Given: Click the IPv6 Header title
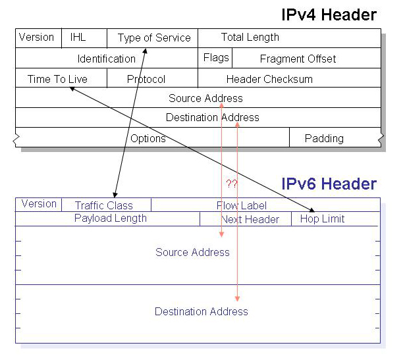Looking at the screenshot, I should click(x=329, y=184).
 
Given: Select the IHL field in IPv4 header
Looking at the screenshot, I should click(x=78, y=38).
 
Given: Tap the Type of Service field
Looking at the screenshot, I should click(x=154, y=38).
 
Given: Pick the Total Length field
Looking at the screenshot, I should click(x=250, y=38).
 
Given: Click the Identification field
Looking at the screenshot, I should click(x=106, y=59).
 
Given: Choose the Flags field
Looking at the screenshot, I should click(x=216, y=58).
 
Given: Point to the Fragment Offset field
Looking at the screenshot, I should click(x=298, y=59).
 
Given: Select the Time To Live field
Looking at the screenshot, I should click(x=57, y=79).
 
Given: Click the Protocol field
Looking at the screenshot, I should click(x=146, y=79).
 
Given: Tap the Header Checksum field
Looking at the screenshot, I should click(x=269, y=79).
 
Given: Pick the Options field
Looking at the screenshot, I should click(x=148, y=138).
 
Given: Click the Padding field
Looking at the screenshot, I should click(x=324, y=138).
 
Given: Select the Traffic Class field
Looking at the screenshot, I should click(x=104, y=205).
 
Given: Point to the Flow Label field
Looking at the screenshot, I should click(x=242, y=205).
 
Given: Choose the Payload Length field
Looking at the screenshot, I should click(x=111, y=218).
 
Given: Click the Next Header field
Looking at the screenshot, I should click(x=250, y=219).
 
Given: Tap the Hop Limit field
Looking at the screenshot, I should click(x=322, y=219).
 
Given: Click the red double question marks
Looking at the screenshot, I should click(x=231, y=183).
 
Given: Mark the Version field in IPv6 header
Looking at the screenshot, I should click(x=39, y=204).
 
